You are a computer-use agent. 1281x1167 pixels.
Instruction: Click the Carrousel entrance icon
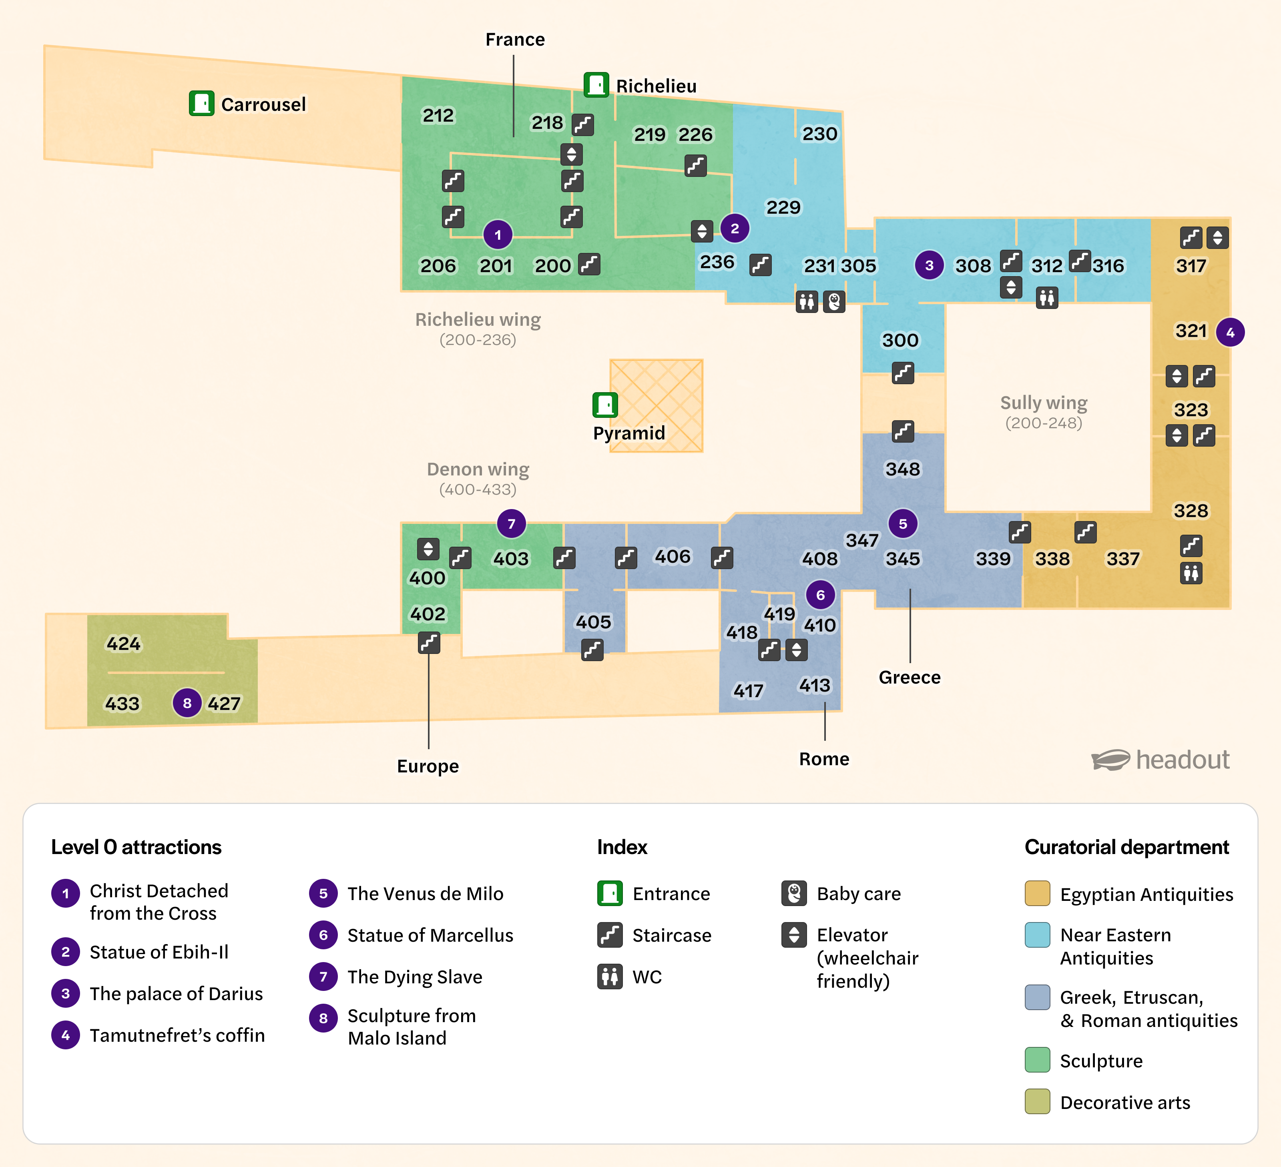pos(201,103)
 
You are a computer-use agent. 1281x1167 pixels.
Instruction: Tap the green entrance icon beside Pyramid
pos(604,404)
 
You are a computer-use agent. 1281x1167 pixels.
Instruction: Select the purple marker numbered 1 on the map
pos(498,235)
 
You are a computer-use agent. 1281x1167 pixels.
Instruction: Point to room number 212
pos(438,116)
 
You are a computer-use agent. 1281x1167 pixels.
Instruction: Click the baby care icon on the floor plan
pos(834,301)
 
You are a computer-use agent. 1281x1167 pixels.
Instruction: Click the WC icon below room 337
pos(1191,573)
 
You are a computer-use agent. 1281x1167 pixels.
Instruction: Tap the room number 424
pos(123,644)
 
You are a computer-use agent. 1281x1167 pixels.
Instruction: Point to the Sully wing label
pos(1043,403)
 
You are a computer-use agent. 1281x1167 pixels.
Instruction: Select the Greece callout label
pos(909,677)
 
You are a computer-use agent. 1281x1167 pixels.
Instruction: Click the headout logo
pos(1160,760)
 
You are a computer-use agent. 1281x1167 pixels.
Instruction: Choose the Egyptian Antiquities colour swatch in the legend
pos(1037,893)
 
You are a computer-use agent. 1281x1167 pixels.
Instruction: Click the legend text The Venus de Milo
pos(425,893)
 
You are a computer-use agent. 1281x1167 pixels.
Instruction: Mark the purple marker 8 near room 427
pos(187,703)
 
